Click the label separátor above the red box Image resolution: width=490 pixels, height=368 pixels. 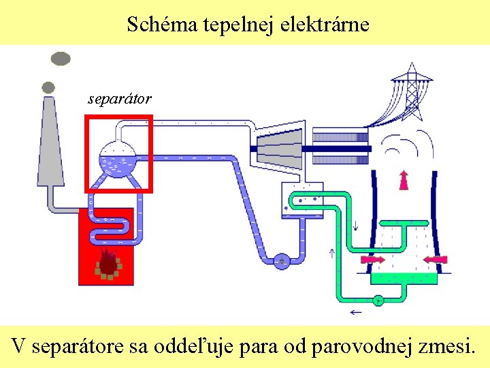tap(120, 99)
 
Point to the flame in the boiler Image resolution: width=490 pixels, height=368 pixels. tap(108, 262)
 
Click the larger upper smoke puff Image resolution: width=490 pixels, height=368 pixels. tap(61, 59)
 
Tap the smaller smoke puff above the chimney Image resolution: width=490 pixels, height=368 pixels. tap(48, 87)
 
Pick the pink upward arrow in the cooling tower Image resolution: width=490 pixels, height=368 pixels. tap(404, 179)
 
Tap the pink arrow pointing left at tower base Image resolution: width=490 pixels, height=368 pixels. tap(436, 260)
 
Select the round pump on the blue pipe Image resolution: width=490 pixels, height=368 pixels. tap(281, 260)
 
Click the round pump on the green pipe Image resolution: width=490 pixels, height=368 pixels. tap(378, 300)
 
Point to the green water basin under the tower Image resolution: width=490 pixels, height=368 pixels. tap(404, 277)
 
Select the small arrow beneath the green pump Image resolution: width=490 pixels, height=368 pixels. tap(355, 313)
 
